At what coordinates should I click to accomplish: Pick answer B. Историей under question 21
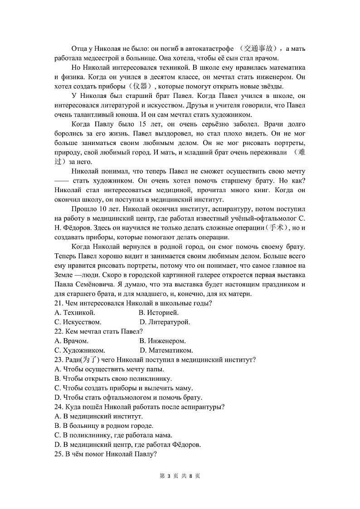[x=159, y=313]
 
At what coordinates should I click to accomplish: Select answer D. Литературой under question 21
[x=165, y=322]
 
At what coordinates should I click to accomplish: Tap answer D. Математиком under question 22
[x=166, y=350]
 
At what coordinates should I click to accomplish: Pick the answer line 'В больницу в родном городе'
[x=104, y=426]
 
